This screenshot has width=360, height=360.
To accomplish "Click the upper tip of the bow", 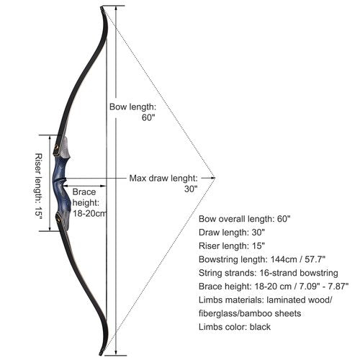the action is [102, 9].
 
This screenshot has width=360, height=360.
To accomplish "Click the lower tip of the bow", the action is [101, 354].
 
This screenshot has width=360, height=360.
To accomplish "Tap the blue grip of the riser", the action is [61, 182].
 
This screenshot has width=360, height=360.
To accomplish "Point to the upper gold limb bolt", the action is [57, 147].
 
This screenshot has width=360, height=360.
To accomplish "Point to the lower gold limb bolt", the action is [58, 218].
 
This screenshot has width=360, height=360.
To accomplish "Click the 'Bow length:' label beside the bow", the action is [132, 107].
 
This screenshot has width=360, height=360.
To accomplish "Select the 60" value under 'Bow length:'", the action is [148, 117].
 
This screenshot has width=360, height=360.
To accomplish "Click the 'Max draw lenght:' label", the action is [163, 179].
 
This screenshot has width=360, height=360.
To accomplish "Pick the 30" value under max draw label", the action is [191, 189].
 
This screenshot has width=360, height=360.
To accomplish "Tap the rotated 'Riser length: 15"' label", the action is [38, 186].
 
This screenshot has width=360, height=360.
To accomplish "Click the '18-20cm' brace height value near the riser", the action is [89, 213].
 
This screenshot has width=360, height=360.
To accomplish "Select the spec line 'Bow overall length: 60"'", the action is [245, 219].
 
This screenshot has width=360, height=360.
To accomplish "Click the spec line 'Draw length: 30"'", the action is [232, 233].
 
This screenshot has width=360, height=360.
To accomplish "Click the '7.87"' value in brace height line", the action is [338, 287].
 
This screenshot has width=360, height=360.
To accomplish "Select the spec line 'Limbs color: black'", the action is [235, 327].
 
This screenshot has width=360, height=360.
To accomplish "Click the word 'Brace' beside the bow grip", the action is [84, 192].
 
